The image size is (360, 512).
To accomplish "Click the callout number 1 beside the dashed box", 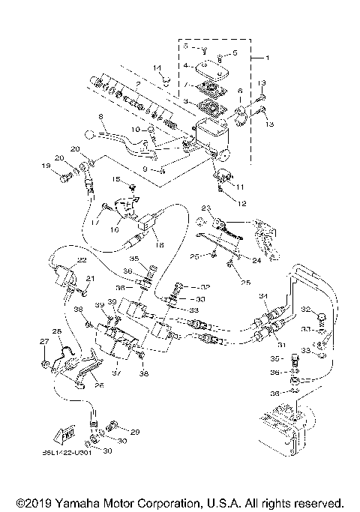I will pyautogui.click(x=257, y=58).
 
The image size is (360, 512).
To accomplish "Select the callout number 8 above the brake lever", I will pyautogui.click(x=99, y=116).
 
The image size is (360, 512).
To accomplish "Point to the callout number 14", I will pyautogui.click(x=157, y=68).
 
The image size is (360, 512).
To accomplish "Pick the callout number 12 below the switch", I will pyautogui.click(x=242, y=203).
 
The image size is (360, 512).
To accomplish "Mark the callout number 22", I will pyautogui.click(x=82, y=259).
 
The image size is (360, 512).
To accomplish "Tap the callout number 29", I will pyautogui.click(x=135, y=432).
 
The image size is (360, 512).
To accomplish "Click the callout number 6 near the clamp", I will pyautogui.click(x=239, y=90).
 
